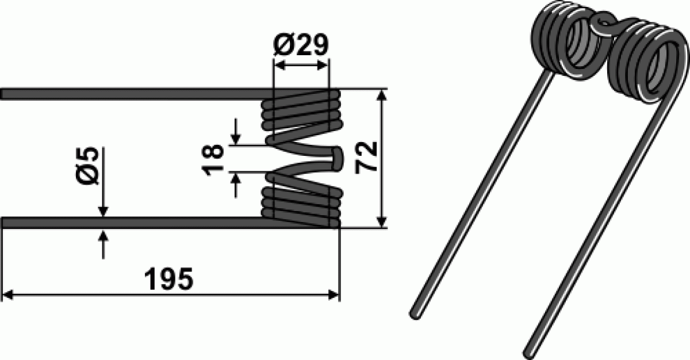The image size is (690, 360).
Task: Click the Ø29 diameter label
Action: [x=301, y=45]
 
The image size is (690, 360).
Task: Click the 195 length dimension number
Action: [x=169, y=279]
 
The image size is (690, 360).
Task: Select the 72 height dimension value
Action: [x=366, y=158]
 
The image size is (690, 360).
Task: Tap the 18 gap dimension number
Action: [x=213, y=160]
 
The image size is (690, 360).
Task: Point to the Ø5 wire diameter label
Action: [x=87, y=166]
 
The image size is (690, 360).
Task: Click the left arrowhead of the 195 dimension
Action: [x=7, y=294]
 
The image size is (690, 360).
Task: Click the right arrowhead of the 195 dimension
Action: [x=333, y=294]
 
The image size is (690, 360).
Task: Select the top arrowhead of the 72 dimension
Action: [x=382, y=95]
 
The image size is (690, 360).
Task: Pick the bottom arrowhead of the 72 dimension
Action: [x=382, y=222]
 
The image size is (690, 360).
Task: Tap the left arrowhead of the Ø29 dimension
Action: [x=279, y=66]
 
